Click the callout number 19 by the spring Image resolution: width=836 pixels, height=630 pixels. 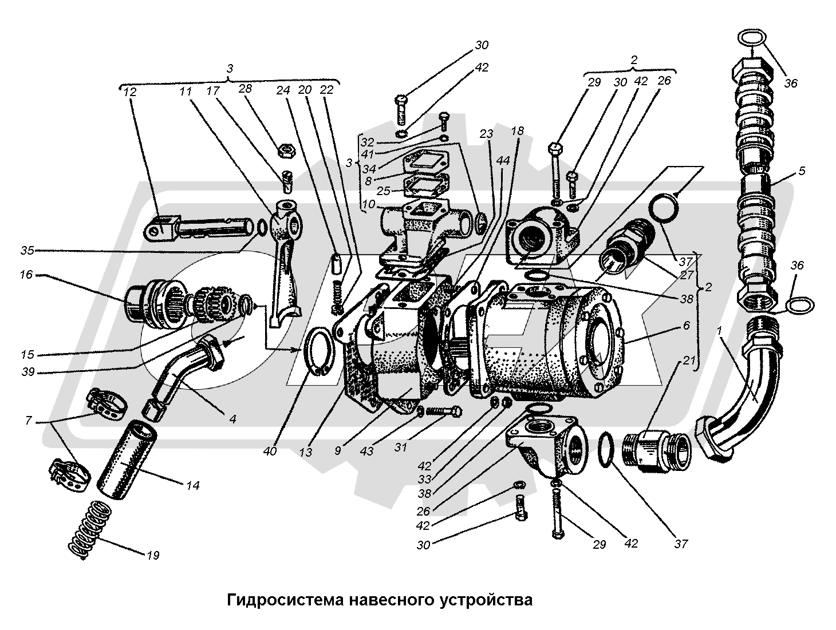[x=152, y=554]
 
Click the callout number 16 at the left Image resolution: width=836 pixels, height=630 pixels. [x=26, y=275]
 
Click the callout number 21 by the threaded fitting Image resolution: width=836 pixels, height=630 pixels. [x=689, y=360]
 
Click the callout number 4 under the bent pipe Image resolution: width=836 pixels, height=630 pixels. [x=232, y=419]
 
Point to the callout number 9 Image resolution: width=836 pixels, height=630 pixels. [x=338, y=450]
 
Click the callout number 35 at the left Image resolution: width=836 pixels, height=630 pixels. [x=26, y=250]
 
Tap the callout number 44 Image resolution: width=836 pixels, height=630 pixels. [x=503, y=162]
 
